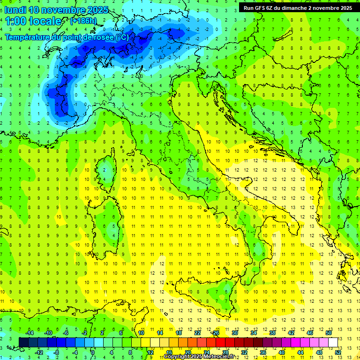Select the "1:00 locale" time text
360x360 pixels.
point(33,21)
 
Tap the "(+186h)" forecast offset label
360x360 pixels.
point(83,21)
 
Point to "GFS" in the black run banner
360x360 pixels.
point(262,8)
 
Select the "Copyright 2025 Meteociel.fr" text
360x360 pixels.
point(199,357)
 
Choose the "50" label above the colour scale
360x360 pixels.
point(329,333)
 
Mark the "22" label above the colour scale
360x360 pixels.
point(197,333)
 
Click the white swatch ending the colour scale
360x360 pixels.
point(333,342)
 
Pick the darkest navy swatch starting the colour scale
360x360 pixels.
point(23,342)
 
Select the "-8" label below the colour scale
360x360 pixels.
point(57,352)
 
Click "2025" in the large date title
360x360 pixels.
point(97,10)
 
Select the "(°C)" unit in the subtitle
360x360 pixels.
point(121,37)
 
